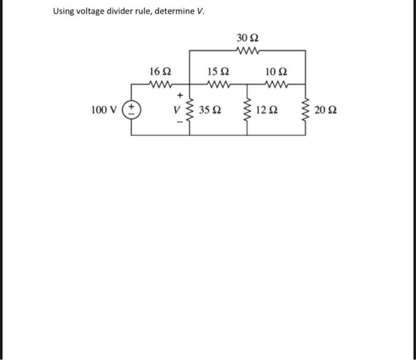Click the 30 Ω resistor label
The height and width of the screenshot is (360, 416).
[x=247, y=37]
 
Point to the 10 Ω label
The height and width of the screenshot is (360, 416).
[x=276, y=71]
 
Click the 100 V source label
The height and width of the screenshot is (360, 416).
[x=103, y=110]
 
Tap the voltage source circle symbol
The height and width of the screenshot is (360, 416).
[x=131, y=110]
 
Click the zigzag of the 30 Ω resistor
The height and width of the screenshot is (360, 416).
[x=247, y=50]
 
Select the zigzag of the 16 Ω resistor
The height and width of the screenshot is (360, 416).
[x=160, y=84]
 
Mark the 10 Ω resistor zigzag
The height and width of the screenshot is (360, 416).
[x=276, y=84]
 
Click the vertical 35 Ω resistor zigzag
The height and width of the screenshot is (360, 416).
[x=190, y=110]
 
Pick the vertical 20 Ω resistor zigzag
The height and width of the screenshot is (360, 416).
[x=306, y=110]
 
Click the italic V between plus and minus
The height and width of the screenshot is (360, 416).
[x=175, y=110]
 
